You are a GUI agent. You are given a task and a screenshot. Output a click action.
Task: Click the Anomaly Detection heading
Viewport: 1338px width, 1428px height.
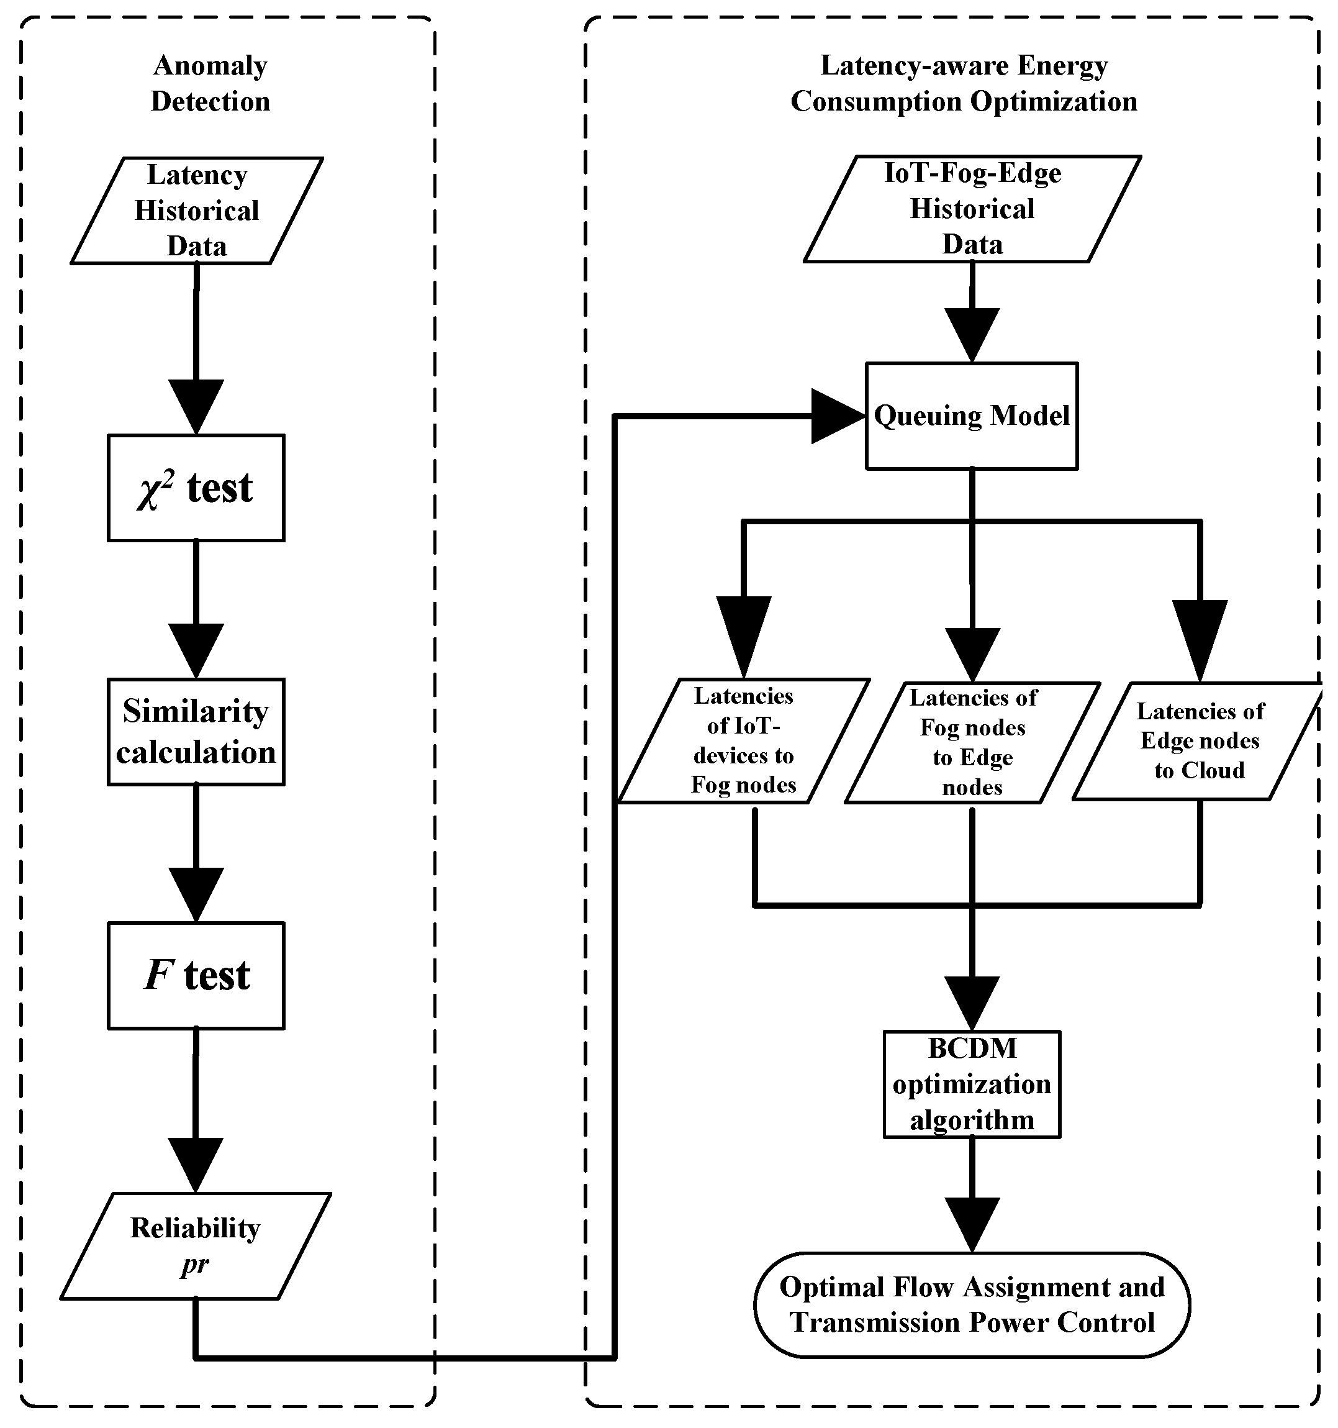pyautogui.click(x=210, y=83)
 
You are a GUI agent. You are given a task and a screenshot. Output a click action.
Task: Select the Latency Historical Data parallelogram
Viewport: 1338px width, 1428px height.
pyautogui.click(x=196, y=211)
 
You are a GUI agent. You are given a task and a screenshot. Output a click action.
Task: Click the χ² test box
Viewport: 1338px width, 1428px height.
pyautogui.click(x=196, y=488)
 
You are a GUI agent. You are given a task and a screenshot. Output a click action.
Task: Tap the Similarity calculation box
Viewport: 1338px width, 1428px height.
pyautogui.click(x=196, y=731)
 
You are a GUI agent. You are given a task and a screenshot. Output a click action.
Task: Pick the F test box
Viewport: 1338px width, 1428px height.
pyautogui.click(x=196, y=975)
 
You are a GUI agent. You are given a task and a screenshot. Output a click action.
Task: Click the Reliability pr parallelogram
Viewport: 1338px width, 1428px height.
pyautogui.click(x=196, y=1245)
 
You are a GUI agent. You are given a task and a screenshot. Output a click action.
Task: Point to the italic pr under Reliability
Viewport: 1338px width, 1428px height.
pyautogui.click(x=194, y=1263)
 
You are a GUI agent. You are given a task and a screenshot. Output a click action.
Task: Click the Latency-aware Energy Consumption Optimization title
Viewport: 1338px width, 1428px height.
pyautogui.click(x=964, y=83)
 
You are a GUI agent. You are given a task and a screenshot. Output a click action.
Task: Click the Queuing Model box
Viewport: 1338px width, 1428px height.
pyautogui.click(x=972, y=416)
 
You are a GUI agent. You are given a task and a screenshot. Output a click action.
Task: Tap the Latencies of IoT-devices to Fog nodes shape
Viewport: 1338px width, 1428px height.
pyautogui.click(x=743, y=740)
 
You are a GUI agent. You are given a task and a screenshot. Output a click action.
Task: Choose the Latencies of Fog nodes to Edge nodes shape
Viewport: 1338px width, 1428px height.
pyautogui.click(x=972, y=742)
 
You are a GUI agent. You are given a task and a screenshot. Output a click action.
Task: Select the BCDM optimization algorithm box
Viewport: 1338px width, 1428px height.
pyautogui.click(x=972, y=1084)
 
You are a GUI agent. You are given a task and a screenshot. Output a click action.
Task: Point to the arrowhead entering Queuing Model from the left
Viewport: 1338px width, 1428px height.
pyautogui.click(x=835, y=416)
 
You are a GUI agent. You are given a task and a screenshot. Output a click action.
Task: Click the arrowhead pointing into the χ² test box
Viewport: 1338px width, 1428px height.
pyautogui.click(x=196, y=405)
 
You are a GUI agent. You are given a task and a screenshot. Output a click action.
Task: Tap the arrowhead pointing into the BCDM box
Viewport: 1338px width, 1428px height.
pyautogui.click(x=972, y=1002)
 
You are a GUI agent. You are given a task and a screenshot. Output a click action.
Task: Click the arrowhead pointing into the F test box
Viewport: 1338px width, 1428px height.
pyautogui.click(x=196, y=893)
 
